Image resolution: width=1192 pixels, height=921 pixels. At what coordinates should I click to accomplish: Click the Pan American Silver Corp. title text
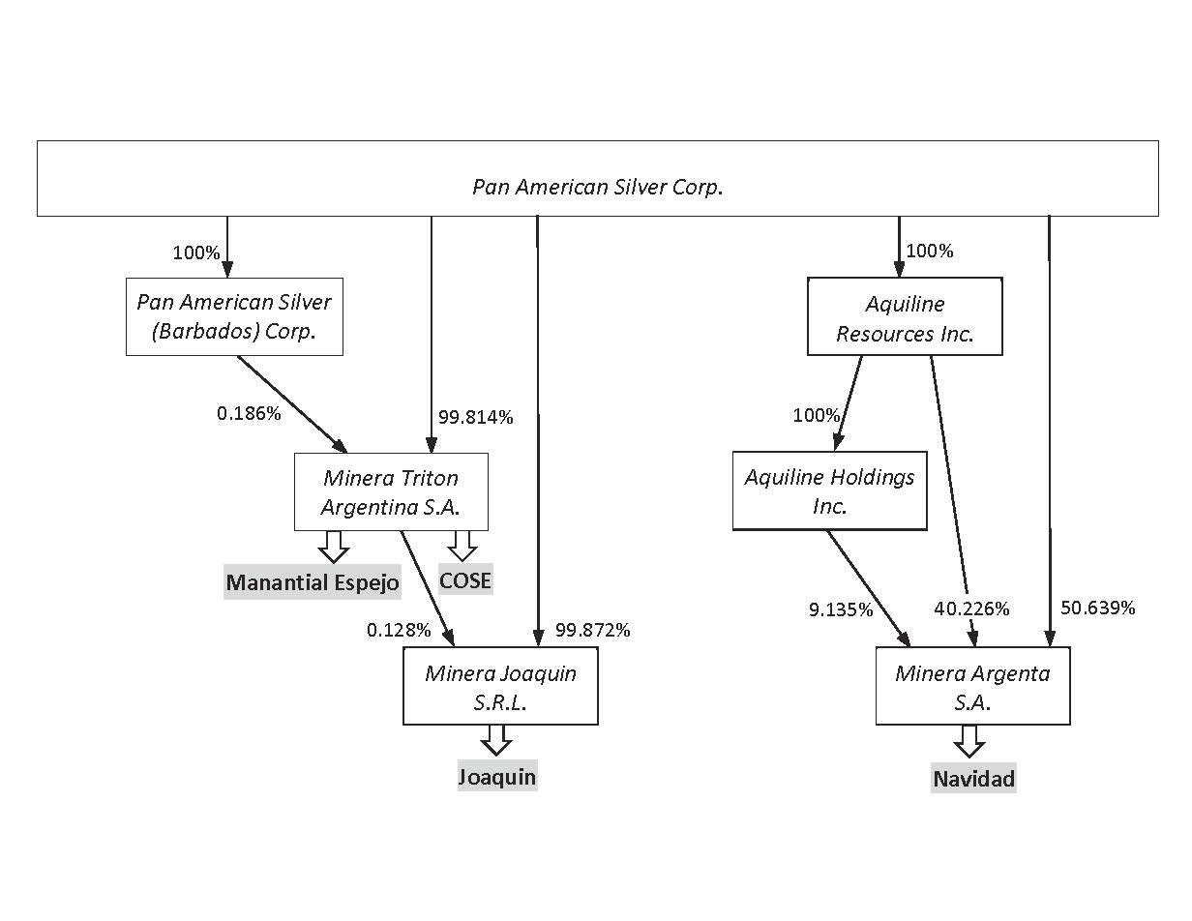pyautogui.click(x=597, y=187)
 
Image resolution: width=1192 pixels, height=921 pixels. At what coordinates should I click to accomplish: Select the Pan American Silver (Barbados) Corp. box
pyautogui.click(x=234, y=317)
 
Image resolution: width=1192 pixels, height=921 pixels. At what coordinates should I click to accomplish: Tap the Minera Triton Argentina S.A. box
pyautogui.click(x=391, y=491)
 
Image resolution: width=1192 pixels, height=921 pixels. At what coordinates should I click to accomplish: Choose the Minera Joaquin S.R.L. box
pyautogui.click(x=500, y=686)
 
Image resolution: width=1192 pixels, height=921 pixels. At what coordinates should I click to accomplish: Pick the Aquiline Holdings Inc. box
pyautogui.click(x=829, y=490)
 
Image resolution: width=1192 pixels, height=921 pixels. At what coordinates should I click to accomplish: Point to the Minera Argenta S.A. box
pyautogui.click(x=972, y=686)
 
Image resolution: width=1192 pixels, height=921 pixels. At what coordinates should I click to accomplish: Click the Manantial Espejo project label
pyautogui.click(x=313, y=582)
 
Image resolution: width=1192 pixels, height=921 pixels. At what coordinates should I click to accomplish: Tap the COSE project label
pyautogui.click(x=465, y=580)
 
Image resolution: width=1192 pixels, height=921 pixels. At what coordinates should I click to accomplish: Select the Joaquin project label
pyautogui.click(x=496, y=776)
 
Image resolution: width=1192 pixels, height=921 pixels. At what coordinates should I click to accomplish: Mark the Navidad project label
pyautogui.click(x=973, y=779)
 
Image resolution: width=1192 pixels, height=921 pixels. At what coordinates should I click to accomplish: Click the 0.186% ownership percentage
pyautogui.click(x=249, y=413)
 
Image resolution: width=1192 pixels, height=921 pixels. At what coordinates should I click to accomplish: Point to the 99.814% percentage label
pyautogui.click(x=476, y=418)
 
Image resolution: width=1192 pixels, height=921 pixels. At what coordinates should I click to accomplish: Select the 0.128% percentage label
pyautogui.click(x=399, y=630)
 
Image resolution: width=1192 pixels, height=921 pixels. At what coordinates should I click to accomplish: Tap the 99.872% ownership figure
pyautogui.click(x=593, y=630)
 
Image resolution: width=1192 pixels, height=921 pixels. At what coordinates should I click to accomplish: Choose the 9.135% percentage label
pyautogui.click(x=841, y=609)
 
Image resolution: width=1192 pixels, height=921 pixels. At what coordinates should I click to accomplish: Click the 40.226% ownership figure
pyautogui.click(x=971, y=609)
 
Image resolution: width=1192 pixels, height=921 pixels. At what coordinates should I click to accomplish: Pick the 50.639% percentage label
pyautogui.click(x=1098, y=608)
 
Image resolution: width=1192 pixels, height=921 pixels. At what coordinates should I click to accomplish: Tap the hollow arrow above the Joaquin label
pyautogui.click(x=496, y=740)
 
